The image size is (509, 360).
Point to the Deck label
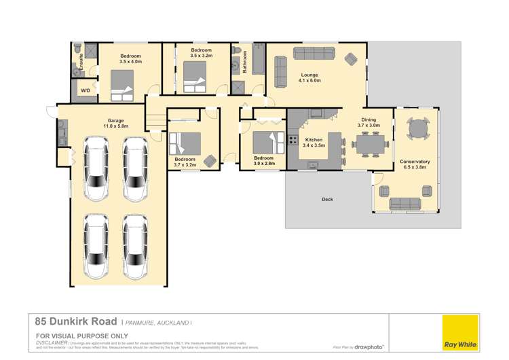(328, 199)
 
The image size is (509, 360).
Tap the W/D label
(86, 90)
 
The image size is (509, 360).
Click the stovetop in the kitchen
(293, 141)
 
